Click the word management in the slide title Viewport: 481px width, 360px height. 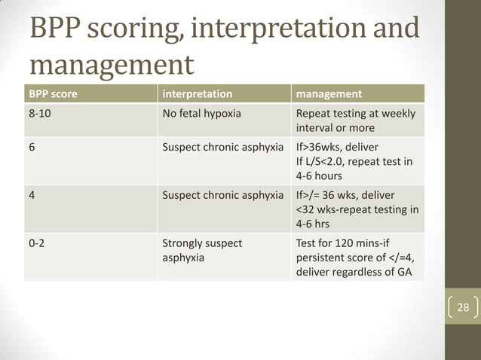[111, 65]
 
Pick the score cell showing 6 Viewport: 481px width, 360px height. [32, 146]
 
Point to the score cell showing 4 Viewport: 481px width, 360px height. [32, 195]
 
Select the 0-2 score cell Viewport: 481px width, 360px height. [37, 244]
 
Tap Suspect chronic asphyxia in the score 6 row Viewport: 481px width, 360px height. [223, 146]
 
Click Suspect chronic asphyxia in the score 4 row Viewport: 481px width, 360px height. [223, 195]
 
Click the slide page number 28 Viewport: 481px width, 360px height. [463, 307]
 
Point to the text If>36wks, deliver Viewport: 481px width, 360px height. [343, 146]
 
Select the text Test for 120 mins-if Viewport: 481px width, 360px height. [346, 244]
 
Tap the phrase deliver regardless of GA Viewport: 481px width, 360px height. [354, 271]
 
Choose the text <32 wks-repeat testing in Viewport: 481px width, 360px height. [357, 209]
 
